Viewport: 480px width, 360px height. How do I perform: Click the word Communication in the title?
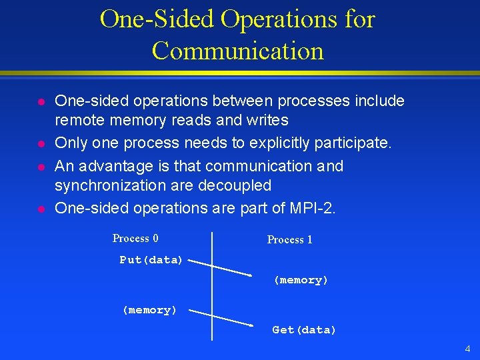pyautogui.click(x=238, y=51)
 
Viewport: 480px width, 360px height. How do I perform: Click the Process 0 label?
pyautogui.click(x=135, y=239)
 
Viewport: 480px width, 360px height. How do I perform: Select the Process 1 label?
pyautogui.click(x=289, y=240)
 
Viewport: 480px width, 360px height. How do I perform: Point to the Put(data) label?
pyautogui.click(x=151, y=260)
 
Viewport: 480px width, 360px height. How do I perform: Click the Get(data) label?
pyautogui.click(x=304, y=330)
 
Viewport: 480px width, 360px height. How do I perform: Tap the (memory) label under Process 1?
pyautogui.click(x=301, y=281)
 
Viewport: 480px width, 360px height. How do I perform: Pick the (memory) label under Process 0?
pyautogui.click(x=149, y=310)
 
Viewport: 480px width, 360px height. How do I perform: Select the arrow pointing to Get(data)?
pyautogui.click(x=227, y=318)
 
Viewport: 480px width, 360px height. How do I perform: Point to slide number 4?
pyautogui.click(x=467, y=349)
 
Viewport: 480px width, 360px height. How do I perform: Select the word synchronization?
pyautogui.click(x=109, y=185)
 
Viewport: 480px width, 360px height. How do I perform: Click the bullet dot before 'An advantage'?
pyautogui.click(x=41, y=166)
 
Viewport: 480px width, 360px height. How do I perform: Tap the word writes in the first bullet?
pyautogui.click(x=267, y=121)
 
